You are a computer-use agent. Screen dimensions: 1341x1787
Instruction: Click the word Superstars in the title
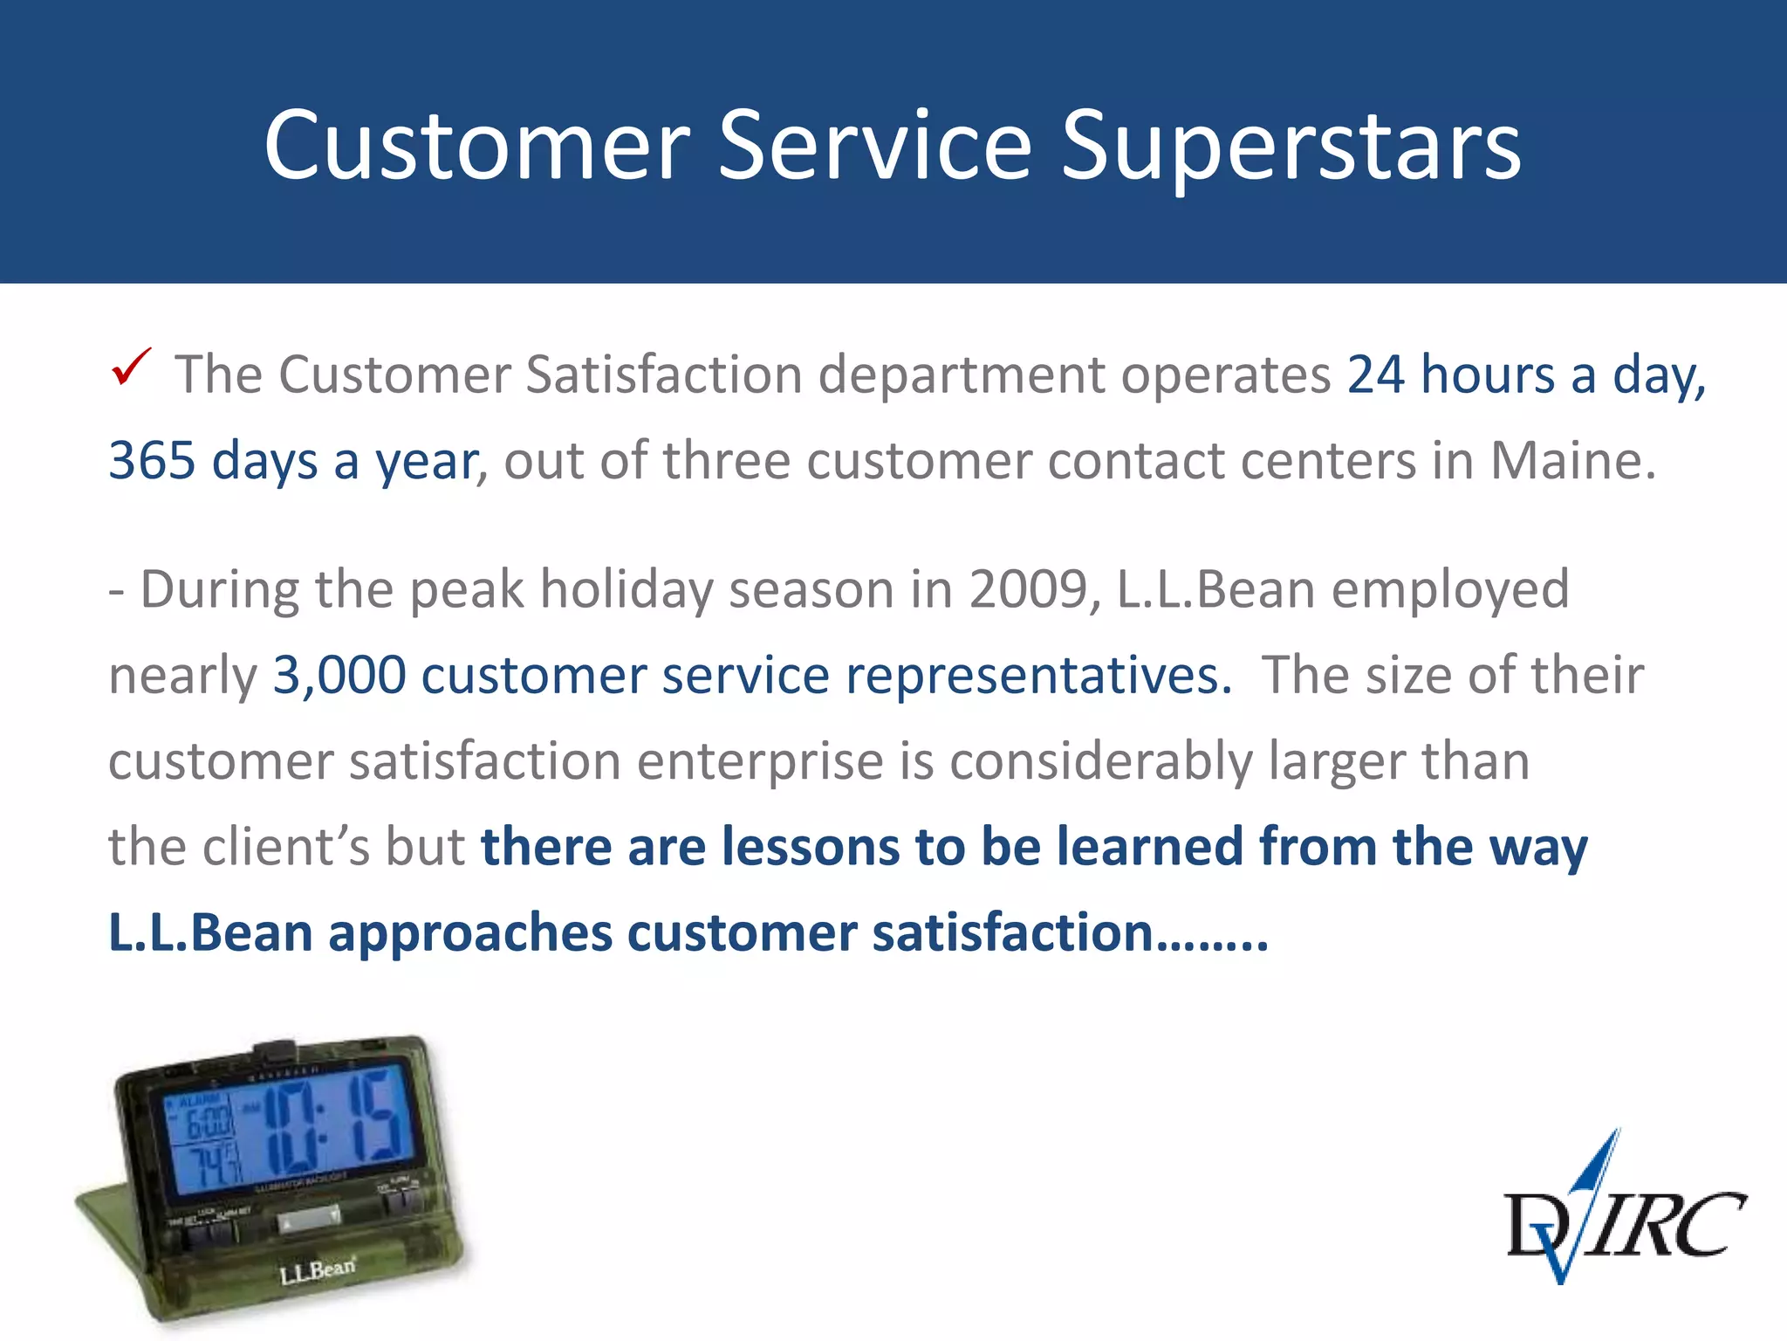pyautogui.click(x=1291, y=146)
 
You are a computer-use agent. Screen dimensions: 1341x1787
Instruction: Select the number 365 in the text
pyautogui.click(x=151, y=460)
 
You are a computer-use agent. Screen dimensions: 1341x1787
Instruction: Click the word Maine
pyautogui.click(x=1571, y=460)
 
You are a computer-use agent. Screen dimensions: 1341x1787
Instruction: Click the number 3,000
pyautogui.click(x=339, y=675)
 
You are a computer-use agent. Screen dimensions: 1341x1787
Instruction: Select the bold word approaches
pyautogui.click(x=470, y=932)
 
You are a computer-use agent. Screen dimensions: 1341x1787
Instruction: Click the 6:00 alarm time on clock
pyautogui.click(x=208, y=1122)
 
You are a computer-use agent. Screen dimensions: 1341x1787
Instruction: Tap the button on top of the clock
pyautogui.click(x=275, y=1051)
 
